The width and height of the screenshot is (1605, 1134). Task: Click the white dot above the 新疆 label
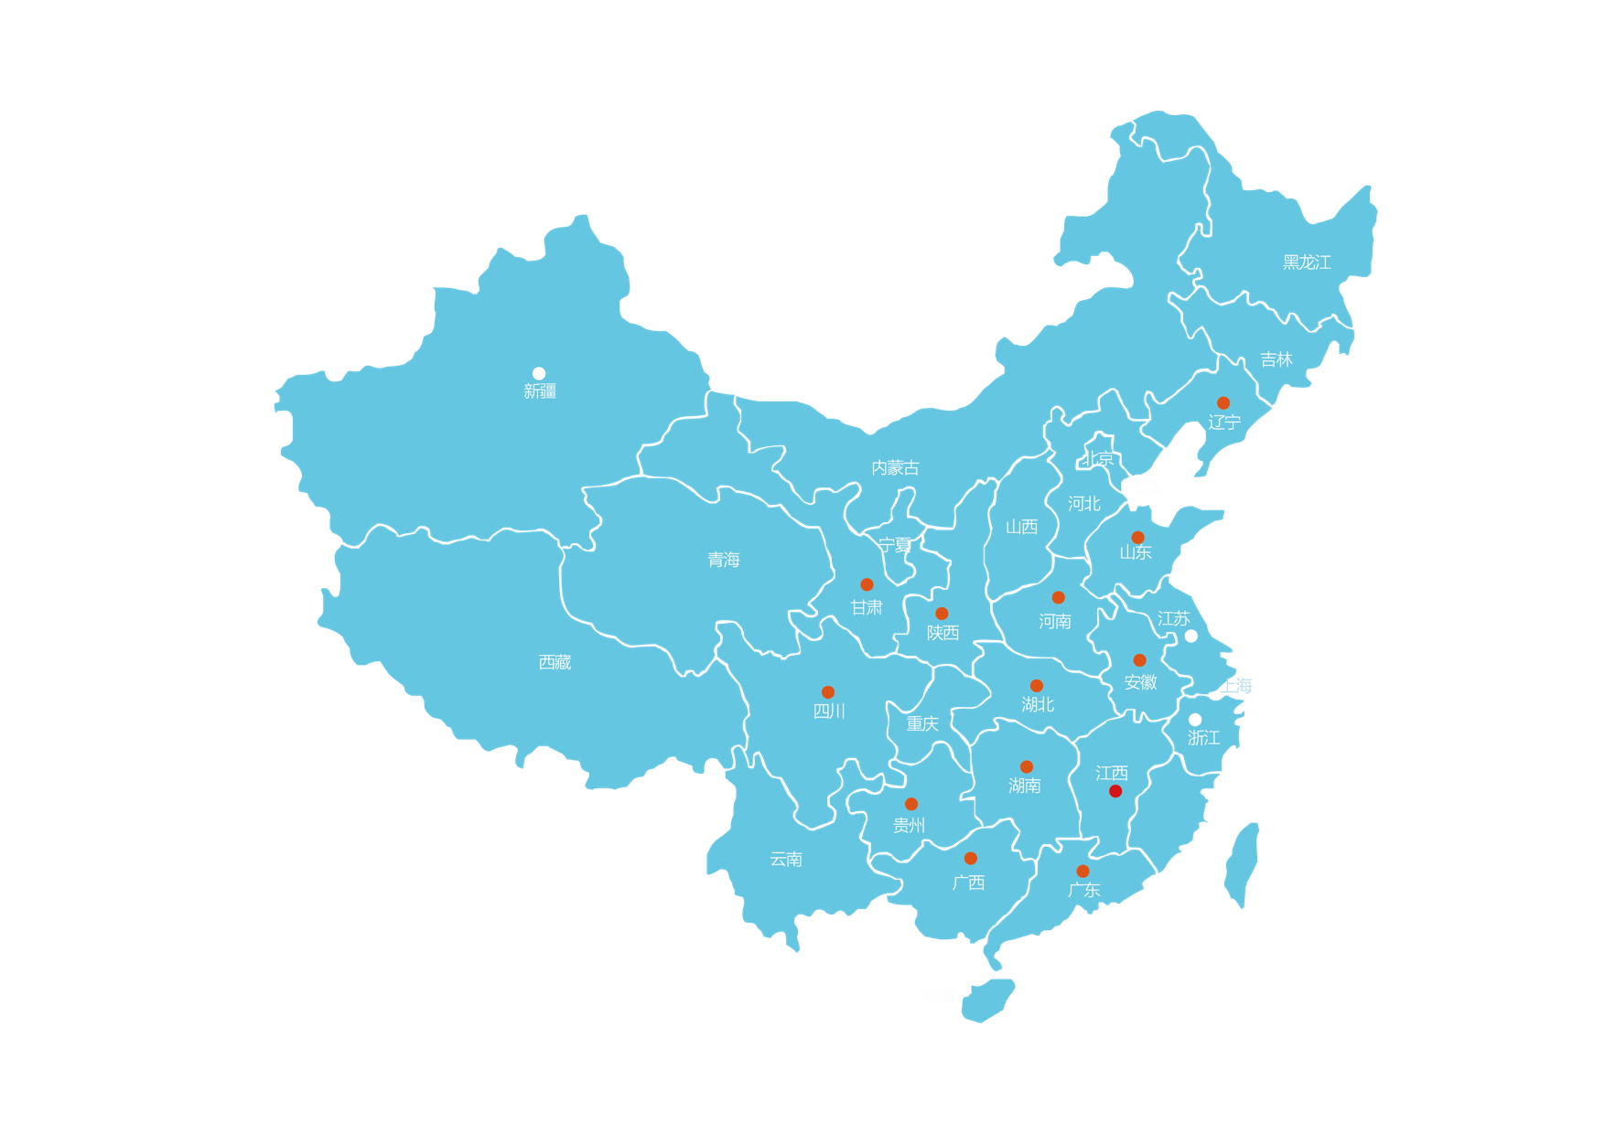click(539, 373)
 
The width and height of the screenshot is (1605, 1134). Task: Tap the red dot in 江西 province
click(1115, 791)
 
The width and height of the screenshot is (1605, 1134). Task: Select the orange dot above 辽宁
click(1223, 403)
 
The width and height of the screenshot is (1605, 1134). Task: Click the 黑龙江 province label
click(1307, 262)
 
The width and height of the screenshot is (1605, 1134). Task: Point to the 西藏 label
click(555, 662)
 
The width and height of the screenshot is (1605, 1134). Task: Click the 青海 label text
click(724, 560)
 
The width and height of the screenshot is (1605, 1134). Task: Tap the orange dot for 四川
click(828, 692)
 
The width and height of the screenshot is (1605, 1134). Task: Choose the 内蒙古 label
click(895, 468)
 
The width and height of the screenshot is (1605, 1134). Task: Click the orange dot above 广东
click(1083, 872)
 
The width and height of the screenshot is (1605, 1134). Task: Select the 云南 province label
click(786, 860)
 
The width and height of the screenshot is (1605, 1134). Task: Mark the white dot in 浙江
click(1195, 720)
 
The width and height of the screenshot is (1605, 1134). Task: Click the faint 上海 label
click(1236, 686)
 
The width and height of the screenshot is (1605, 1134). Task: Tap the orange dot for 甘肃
click(867, 584)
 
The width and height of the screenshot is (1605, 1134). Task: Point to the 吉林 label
click(1276, 360)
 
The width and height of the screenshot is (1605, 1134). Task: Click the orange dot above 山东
click(1137, 538)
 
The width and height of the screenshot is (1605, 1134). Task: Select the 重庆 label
click(922, 724)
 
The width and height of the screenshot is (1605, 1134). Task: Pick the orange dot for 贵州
click(911, 805)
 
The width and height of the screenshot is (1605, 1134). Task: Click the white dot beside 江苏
click(1191, 636)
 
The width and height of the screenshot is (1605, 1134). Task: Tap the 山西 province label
click(1022, 527)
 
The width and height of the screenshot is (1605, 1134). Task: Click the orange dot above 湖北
click(1037, 686)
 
